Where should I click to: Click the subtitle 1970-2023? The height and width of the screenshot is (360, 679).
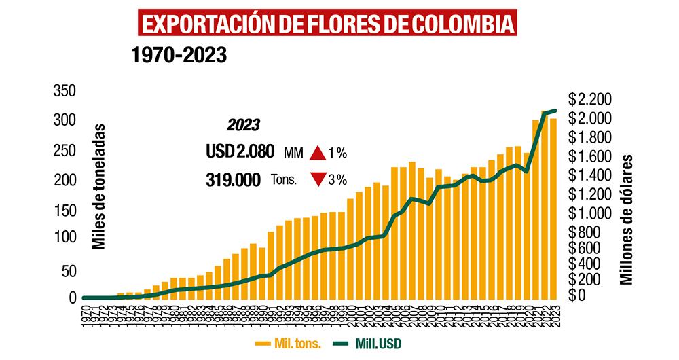(179, 55)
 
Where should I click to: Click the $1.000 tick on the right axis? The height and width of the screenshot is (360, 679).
(590, 213)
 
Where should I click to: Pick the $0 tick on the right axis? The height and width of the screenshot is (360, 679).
(576, 297)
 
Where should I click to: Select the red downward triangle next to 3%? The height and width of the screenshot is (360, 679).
(317, 180)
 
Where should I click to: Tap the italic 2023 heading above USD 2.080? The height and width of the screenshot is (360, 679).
(242, 126)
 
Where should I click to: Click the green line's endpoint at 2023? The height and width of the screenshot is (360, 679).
(555, 111)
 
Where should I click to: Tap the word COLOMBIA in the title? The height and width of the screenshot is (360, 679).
(463, 22)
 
